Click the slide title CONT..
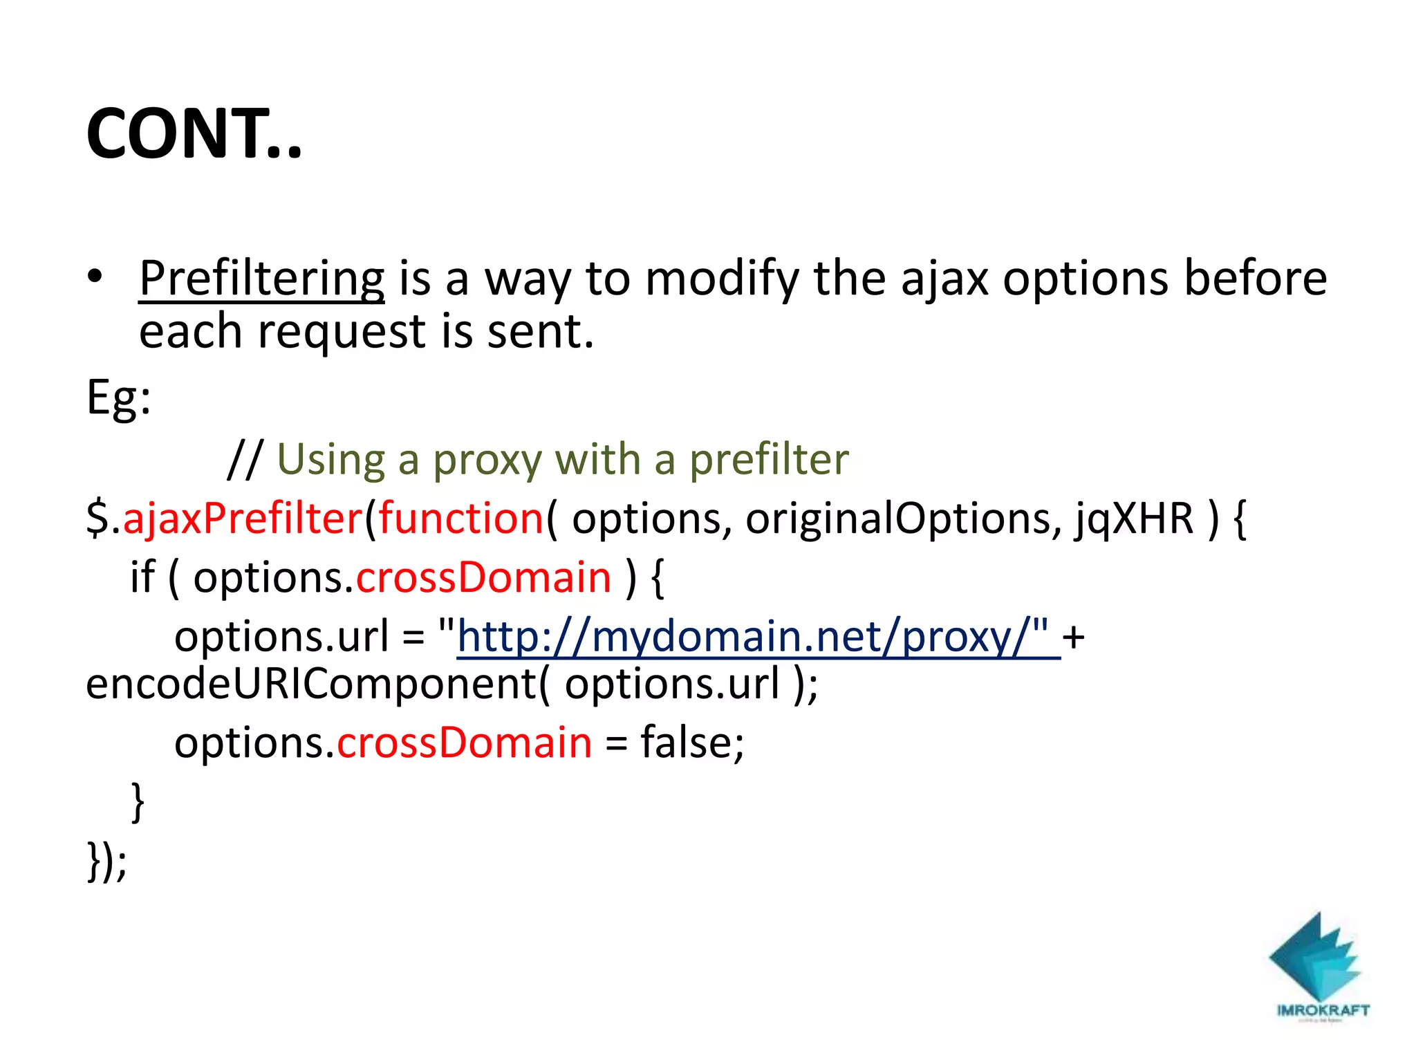pos(194,134)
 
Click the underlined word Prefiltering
pos(261,279)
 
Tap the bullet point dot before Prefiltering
pos(95,277)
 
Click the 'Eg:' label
pos(118,399)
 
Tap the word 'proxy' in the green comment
pos(487,460)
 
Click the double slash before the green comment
pos(245,459)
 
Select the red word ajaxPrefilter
pos(243,518)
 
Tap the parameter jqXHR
pos(1134,518)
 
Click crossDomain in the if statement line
pos(483,577)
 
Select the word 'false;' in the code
pos(692,743)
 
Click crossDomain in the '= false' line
pos(464,743)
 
